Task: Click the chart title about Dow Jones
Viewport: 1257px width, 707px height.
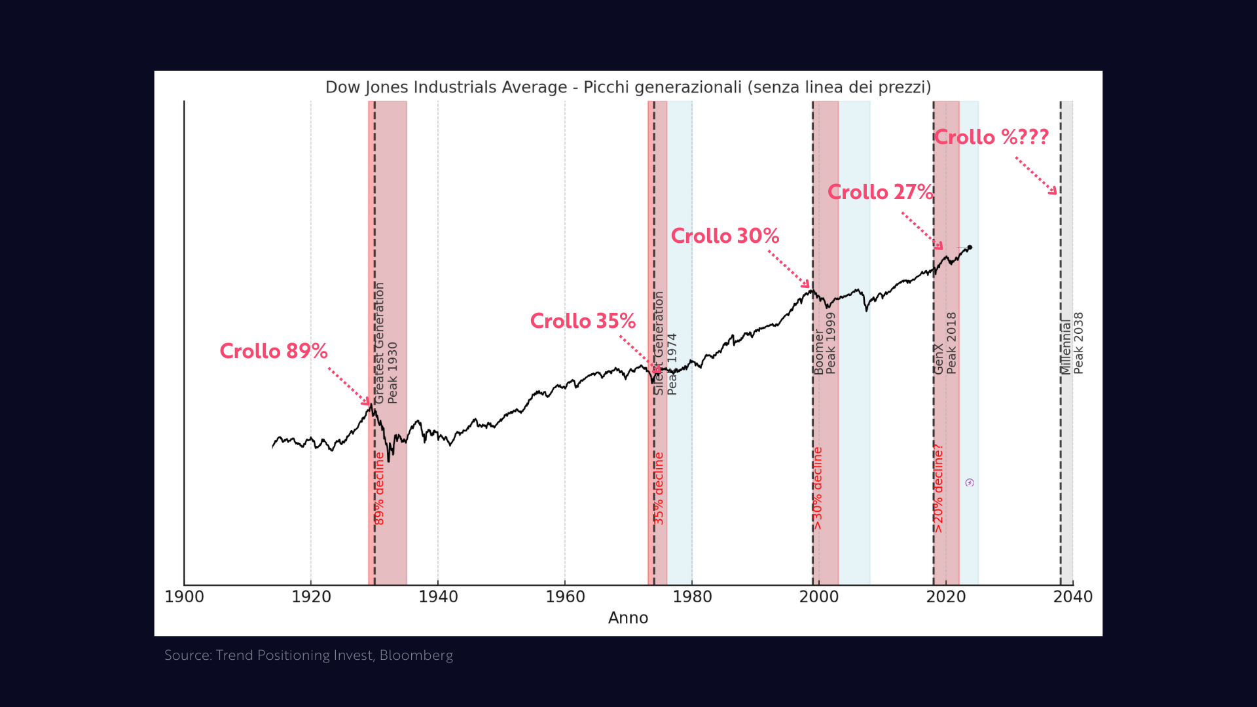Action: [628, 87]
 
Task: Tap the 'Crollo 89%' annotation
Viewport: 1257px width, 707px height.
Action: [274, 352]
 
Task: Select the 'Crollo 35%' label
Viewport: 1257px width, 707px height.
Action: [583, 321]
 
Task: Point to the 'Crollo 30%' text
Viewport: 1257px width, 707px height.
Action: [725, 236]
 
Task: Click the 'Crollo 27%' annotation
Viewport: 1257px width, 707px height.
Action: [880, 192]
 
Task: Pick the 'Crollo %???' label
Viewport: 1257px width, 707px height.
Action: [991, 137]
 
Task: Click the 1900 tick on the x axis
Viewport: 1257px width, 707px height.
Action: [185, 597]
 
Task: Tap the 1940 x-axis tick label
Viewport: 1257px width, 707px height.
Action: [438, 597]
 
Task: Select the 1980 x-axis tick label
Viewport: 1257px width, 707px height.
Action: [692, 597]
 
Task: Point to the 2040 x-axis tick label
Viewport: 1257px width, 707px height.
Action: [1072, 597]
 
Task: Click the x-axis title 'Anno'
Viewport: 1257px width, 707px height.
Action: [628, 618]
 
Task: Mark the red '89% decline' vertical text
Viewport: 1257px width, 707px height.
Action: [379, 488]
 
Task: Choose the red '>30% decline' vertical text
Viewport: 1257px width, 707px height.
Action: [817, 488]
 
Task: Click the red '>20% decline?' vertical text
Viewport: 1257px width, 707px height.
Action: [938, 488]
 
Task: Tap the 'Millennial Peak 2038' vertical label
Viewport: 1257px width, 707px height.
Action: [1072, 343]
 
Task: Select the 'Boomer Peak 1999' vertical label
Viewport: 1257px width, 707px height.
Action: [824, 343]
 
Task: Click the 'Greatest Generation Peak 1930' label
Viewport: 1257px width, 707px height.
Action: [386, 343]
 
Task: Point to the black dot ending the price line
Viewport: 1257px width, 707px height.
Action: [970, 247]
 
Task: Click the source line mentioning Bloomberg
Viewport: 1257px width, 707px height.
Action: [308, 655]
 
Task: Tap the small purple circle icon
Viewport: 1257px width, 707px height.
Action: [970, 483]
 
